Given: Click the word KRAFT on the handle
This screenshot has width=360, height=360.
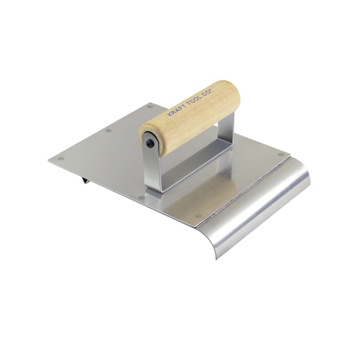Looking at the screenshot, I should pos(170,112).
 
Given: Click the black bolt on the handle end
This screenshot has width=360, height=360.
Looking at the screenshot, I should pos(148,142).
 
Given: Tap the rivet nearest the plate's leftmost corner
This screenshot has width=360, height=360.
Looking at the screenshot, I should pos(61,159).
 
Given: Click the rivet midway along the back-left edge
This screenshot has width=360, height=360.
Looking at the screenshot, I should pos(108,130).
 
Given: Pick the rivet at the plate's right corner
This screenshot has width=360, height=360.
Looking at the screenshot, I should pos(280,154).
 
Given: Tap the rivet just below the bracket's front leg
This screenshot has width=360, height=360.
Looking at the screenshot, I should pos(142,197).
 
